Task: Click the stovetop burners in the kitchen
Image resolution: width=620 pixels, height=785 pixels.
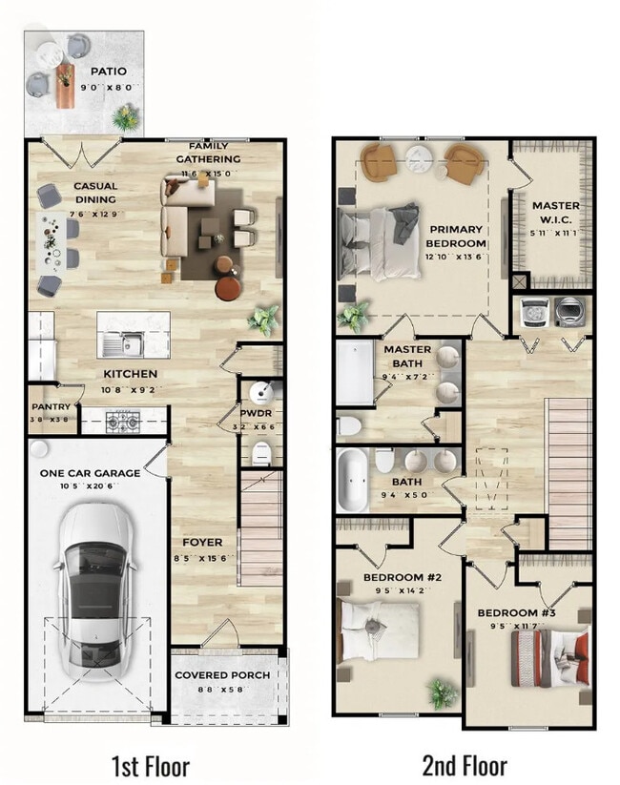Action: (123, 419)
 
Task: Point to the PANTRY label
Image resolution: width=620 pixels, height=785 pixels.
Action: (49, 405)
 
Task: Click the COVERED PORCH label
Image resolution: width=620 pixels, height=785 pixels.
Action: (222, 675)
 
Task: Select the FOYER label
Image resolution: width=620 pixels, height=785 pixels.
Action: (202, 542)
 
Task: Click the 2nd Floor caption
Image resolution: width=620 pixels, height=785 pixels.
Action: (465, 765)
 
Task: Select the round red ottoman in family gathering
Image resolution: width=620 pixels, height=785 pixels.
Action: (229, 286)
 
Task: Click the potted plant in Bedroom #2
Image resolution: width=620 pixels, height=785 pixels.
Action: (441, 693)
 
